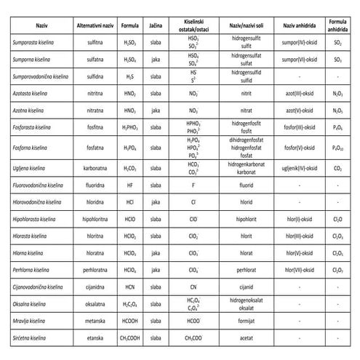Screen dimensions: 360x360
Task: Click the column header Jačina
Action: [x=155, y=25]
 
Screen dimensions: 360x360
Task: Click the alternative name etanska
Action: [x=92, y=340]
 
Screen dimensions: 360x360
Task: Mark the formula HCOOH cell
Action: [x=128, y=321]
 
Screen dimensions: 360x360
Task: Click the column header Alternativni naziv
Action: [x=92, y=25]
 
